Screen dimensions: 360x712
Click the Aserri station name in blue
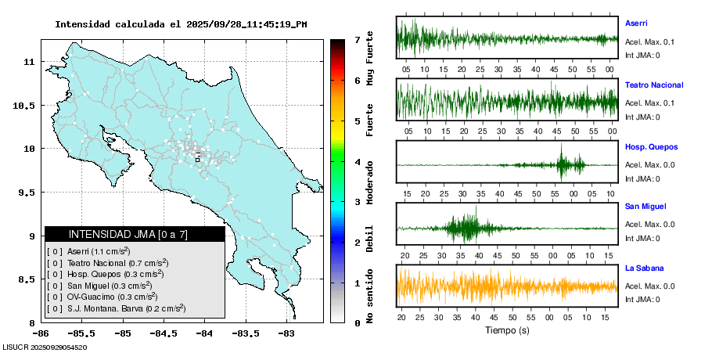pyautogui.click(x=636, y=23)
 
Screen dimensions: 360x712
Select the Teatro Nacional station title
pyautogui.click(x=654, y=85)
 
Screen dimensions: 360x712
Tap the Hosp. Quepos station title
pyautogui.click(x=651, y=146)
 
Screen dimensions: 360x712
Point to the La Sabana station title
pyautogui.click(x=644, y=268)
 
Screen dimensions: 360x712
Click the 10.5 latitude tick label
pyautogui.click(x=27, y=105)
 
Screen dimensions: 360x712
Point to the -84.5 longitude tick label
pyautogui.click(x=163, y=333)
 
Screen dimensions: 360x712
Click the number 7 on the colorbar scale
pyautogui.click(x=357, y=39)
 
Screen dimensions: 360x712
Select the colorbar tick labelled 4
pyautogui.click(x=357, y=162)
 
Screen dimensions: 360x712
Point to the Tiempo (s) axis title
pyautogui.click(x=507, y=329)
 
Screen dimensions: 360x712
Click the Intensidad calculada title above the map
pyautogui.click(x=181, y=24)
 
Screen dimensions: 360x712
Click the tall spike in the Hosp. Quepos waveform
pyautogui.click(x=562, y=160)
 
